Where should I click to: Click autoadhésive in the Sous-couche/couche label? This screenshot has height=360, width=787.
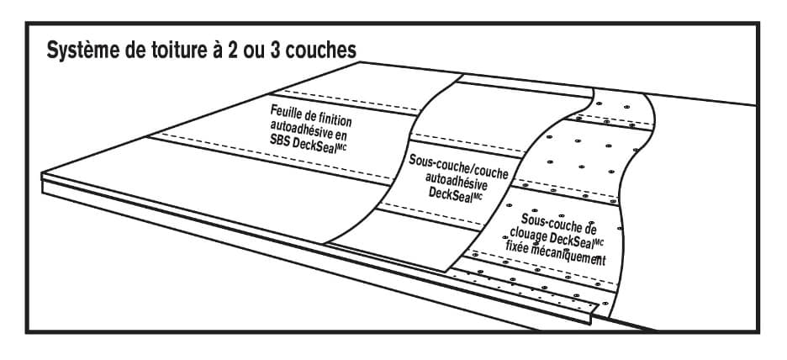tap(457, 179)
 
